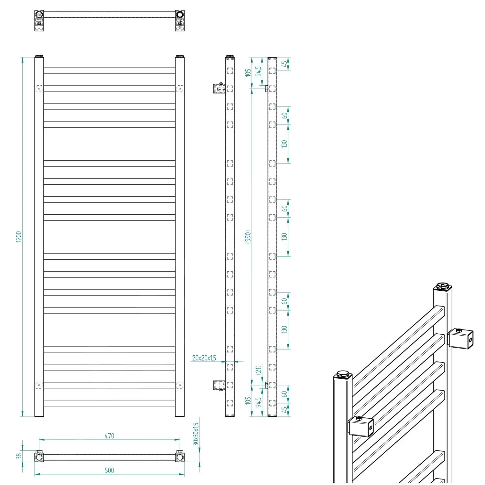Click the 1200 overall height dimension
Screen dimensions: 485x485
(x=19, y=237)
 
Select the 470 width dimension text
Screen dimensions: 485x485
(x=109, y=436)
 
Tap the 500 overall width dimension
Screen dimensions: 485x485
(x=109, y=470)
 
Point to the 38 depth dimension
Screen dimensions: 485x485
(x=19, y=456)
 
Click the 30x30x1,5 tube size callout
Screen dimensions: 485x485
(x=196, y=434)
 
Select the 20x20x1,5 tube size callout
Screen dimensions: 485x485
(x=204, y=358)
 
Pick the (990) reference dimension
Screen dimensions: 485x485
(x=248, y=237)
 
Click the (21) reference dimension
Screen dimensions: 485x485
(x=258, y=370)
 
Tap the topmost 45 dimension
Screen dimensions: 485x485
(x=284, y=64)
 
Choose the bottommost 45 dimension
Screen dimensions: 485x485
(x=284, y=410)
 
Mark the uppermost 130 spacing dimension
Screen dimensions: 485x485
(x=284, y=144)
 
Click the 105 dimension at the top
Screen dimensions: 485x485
(x=248, y=72)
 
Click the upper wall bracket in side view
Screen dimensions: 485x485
(x=219, y=88)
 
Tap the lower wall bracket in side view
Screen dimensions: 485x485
(x=219, y=385)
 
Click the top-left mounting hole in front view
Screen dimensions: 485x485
(x=39, y=88)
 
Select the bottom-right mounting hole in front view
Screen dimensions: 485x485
(x=180, y=385)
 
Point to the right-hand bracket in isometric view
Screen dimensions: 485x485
(x=461, y=339)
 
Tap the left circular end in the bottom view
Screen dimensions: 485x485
(x=39, y=457)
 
